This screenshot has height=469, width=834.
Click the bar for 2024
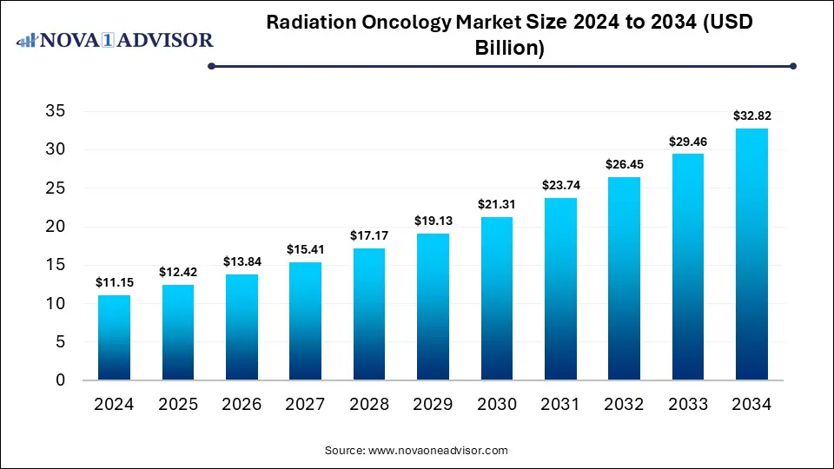[x=114, y=337]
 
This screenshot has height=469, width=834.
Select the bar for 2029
[x=433, y=307]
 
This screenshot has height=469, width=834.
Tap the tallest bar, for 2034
[x=751, y=254]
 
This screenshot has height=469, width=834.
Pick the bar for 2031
[x=560, y=288]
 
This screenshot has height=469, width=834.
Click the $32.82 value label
[x=751, y=115]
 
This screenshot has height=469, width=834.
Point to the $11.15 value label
[x=114, y=282]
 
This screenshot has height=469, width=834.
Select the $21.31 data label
[x=496, y=204]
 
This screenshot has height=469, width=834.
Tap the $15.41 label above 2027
[x=305, y=249]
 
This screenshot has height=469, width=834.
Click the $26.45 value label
[x=624, y=164]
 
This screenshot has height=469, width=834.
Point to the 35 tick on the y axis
[x=55, y=111]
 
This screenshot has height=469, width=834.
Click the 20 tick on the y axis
[x=55, y=227]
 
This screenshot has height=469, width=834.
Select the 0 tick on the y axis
[x=60, y=380]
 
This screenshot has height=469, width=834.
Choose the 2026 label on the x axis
[x=242, y=404]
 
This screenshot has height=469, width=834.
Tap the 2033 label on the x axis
[x=687, y=404]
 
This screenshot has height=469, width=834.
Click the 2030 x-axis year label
[x=496, y=404]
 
